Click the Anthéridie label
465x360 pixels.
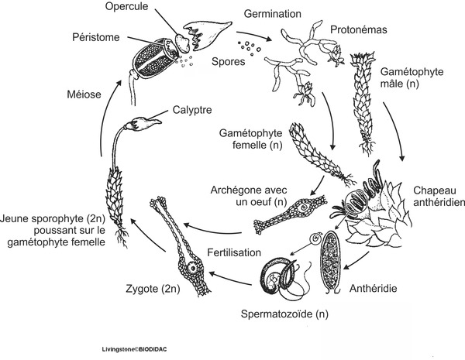click(x=374, y=288)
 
